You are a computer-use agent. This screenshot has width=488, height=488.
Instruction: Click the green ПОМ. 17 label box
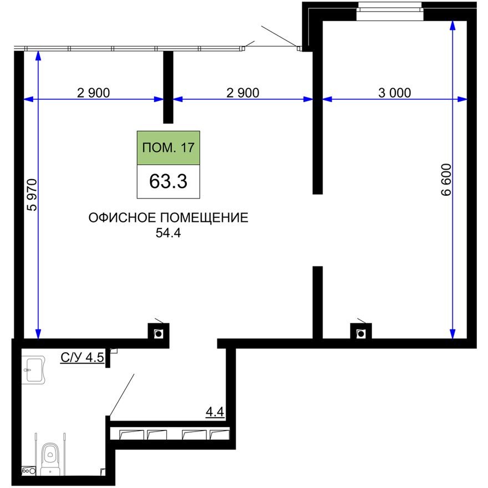(168, 148)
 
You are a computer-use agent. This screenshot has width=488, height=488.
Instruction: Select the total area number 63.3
(168, 181)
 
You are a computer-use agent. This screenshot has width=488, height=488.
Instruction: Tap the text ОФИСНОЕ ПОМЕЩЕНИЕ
(168, 218)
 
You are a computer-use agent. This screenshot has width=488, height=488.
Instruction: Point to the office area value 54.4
(169, 234)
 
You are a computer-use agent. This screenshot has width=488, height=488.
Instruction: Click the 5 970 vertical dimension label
(32, 195)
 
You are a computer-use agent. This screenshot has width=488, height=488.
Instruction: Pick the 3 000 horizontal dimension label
(394, 93)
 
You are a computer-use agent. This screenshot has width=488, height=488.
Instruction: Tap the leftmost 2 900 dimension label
(94, 93)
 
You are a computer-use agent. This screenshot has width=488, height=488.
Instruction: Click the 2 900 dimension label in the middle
(243, 93)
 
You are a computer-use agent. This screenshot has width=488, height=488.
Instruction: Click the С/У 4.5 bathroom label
(82, 358)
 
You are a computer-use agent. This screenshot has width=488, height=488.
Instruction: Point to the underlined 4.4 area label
(215, 412)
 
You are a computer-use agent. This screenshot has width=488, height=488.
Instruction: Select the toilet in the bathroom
(50, 457)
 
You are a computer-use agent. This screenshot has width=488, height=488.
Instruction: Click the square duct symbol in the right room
(361, 332)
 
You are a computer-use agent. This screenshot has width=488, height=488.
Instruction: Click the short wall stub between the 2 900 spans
(169, 87)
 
